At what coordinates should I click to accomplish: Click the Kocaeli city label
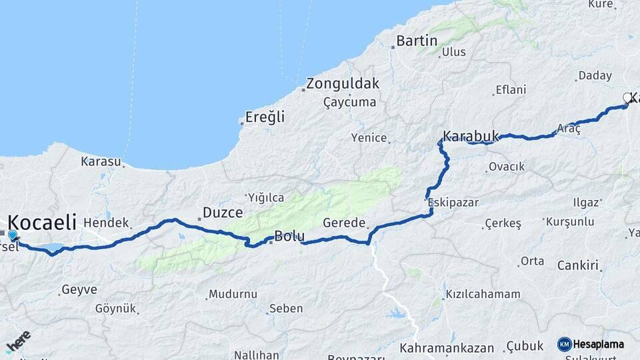pos(42,223)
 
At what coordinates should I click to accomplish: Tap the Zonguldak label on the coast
pos(343,85)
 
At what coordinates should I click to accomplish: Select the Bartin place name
pos(417,41)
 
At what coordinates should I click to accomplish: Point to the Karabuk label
pos(471,136)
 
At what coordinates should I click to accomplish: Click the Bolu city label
pos(289,236)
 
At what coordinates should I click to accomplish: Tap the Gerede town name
pos(344,223)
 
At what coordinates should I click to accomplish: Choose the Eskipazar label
pos(454,203)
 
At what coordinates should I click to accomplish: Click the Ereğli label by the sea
pos(265,117)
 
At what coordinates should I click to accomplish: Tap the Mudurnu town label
pos(233,293)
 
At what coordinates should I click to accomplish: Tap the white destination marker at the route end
pos(627,98)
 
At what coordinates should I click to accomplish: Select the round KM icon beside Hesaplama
pos(564,344)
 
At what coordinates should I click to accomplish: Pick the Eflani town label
pos(511,90)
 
